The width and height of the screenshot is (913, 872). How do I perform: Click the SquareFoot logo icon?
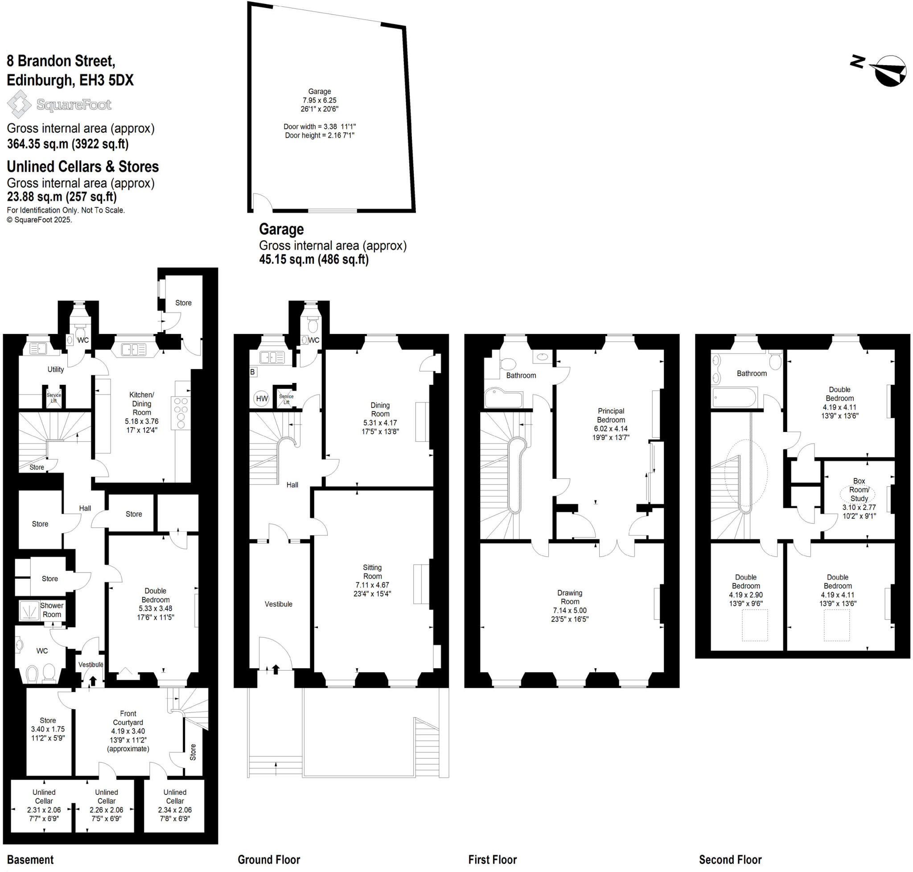click(x=19, y=104)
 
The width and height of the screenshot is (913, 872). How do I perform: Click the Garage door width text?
click(x=319, y=127)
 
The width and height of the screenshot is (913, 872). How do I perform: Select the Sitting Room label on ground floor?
click(x=372, y=572)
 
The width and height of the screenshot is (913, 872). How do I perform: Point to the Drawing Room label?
click(x=569, y=597)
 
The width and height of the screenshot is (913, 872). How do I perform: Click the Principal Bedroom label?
click(x=610, y=415)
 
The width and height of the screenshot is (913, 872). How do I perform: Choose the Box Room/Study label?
click(x=859, y=489)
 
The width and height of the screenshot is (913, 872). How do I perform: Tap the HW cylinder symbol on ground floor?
click(x=262, y=399)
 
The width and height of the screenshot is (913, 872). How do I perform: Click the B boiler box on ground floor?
click(x=253, y=372)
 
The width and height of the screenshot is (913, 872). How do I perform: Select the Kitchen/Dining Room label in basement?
click(x=141, y=403)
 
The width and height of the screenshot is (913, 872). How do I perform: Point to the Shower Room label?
click(x=52, y=610)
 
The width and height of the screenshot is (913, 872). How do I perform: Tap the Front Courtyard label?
click(x=128, y=718)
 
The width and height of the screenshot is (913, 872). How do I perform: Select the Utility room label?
click(x=55, y=369)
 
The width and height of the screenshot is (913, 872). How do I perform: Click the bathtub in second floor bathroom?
click(x=733, y=397)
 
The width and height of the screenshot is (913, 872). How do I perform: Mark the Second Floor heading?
click(x=730, y=860)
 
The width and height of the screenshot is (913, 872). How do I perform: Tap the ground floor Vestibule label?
click(x=279, y=604)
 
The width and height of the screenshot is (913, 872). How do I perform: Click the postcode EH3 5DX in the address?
click(x=107, y=80)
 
